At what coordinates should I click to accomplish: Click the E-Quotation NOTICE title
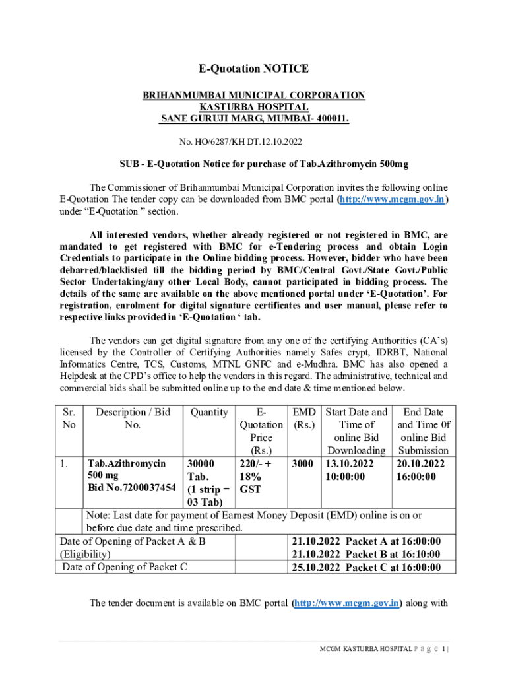pyautogui.click(x=254, y=69)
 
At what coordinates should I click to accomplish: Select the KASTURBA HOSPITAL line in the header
pyautogui.click(x=254, y=107)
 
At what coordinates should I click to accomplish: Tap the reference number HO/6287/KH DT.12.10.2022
pyautogui.click(x=241, y=141)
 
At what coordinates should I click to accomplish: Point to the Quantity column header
pyautogui.click(x=209, y=412)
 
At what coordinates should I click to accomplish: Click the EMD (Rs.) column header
pyautogui.click(x=303, y=418)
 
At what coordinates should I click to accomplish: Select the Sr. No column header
pyautogui.click(x=69, y=418)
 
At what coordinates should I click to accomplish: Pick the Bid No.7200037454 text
pyautogui.click(x=132, y=487)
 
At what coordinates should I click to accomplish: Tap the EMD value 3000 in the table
pyautogui.click(x=302, y=463)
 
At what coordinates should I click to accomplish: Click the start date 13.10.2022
pyautogui.click(x=348, y=463)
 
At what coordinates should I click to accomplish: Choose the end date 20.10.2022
pyautogui.click(x=420, y=463)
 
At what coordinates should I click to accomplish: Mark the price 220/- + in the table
pyautogui.click(x=256, y=463)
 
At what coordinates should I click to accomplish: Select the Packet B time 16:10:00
pyautogui.click(x=416, y=554)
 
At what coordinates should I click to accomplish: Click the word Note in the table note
pyautogui.click(x=98, y=515)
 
